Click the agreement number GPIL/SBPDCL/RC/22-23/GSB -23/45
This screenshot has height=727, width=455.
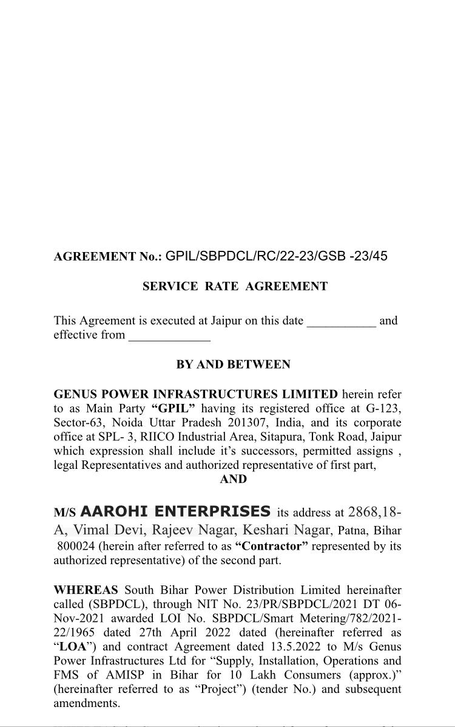coord(276,256)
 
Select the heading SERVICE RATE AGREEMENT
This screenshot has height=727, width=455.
coord(235,287)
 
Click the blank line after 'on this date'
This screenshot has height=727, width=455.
coord(342,321)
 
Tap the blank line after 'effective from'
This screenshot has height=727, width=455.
coord(169,336)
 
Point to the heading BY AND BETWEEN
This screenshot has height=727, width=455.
coord(233,365)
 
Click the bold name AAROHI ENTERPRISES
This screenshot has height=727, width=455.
coord(176,511)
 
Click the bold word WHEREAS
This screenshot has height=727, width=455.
coord(86,590)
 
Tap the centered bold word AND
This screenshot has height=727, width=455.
coord(233,479)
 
